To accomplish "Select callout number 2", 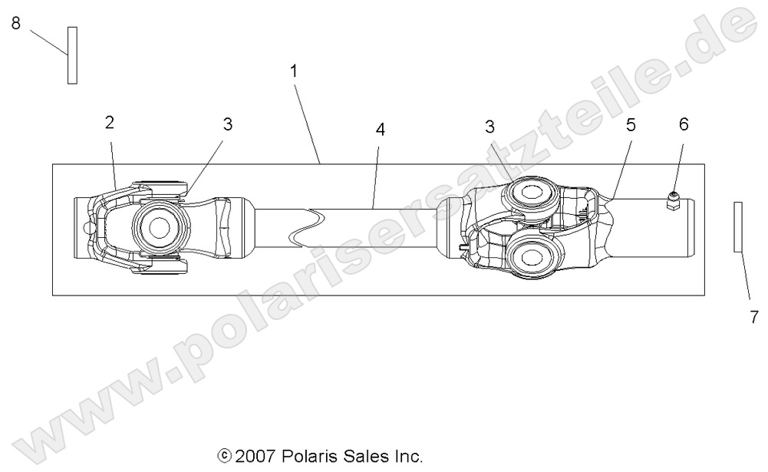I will [110, 121].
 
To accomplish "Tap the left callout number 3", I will [227, 124].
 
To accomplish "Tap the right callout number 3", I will [489, 124].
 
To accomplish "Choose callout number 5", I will [631, 125].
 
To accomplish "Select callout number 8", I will [15, 24].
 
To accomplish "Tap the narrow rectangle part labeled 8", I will [72, 54].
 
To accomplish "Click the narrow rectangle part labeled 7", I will [738, 226].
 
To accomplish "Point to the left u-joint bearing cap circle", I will [160, 227].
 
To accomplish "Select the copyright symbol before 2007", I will [225, 457].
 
